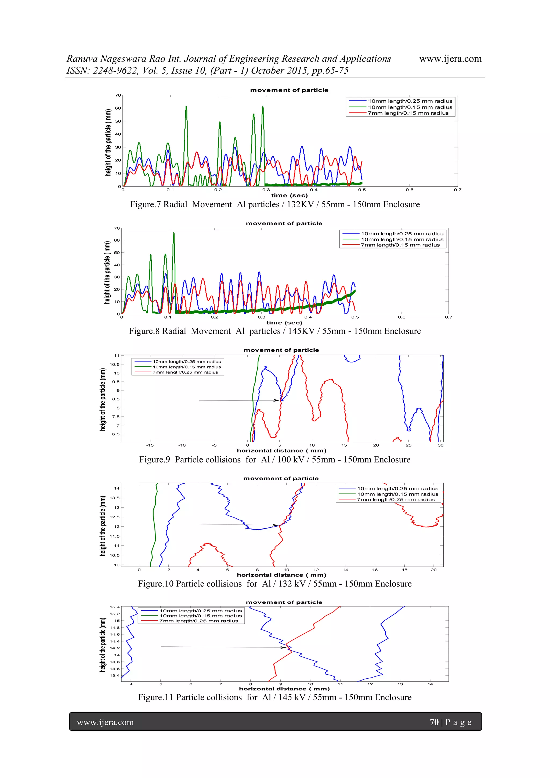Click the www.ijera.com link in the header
point(450,59)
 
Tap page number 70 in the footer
point(434,722)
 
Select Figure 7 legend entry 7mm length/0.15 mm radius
point(408,113)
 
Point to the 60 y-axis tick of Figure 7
point(118,108)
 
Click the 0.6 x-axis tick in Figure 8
point(401,317)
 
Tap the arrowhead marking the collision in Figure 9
point(277,400)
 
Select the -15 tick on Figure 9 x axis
point(150,445)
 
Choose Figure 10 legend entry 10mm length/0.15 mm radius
point(397,494)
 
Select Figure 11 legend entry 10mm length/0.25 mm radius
point(201,611)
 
